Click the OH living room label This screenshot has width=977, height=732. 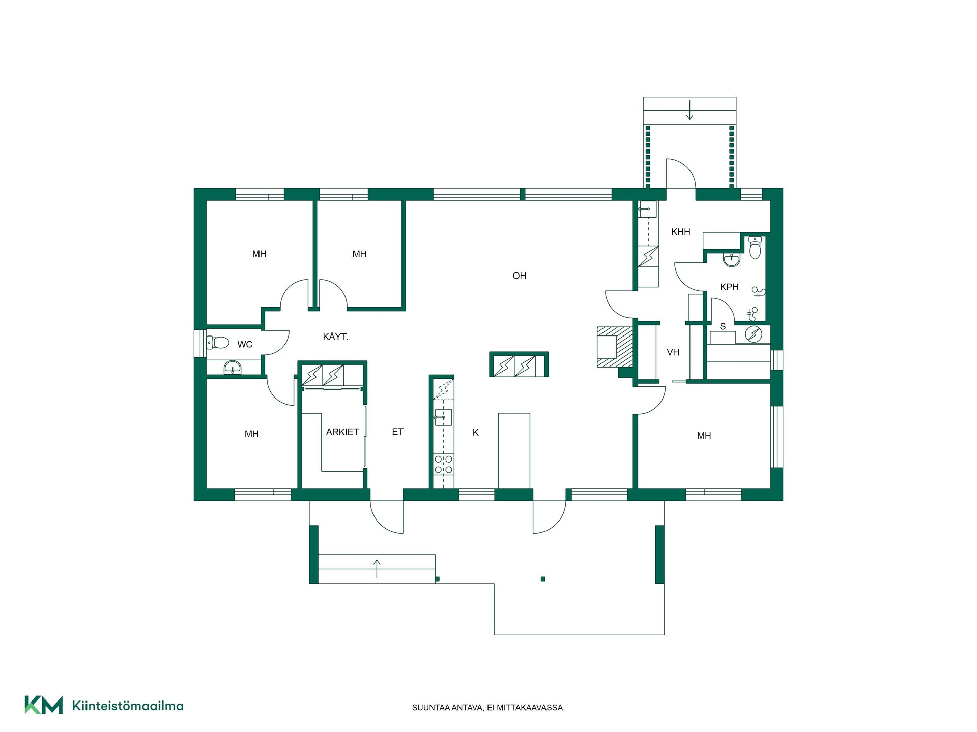point(519,276)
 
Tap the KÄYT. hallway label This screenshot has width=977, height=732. point(335,337)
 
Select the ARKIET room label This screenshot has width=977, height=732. point(342,432)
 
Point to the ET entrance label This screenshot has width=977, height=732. point(397,432)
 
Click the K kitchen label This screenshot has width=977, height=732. point(476,433)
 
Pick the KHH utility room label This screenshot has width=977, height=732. point(681,232)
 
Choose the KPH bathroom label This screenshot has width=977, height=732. point(729,287)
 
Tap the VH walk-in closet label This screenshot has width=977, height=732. point(673,352)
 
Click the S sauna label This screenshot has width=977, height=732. point(723,326)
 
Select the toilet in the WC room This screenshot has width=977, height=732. point(218,342)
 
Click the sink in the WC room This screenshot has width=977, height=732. point(233,367)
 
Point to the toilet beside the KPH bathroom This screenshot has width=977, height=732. point(754,248)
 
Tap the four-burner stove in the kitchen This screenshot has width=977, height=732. point(443,465)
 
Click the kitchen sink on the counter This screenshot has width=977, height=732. point(443,417)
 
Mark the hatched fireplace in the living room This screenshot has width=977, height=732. point(615,347)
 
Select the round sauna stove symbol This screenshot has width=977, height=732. point(753,334)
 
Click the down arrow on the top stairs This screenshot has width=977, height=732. point(689,110)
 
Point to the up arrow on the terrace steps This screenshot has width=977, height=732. point(377,569)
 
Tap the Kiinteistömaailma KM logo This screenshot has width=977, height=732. point(104,705)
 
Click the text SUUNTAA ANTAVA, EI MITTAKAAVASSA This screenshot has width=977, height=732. point(489,708)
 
